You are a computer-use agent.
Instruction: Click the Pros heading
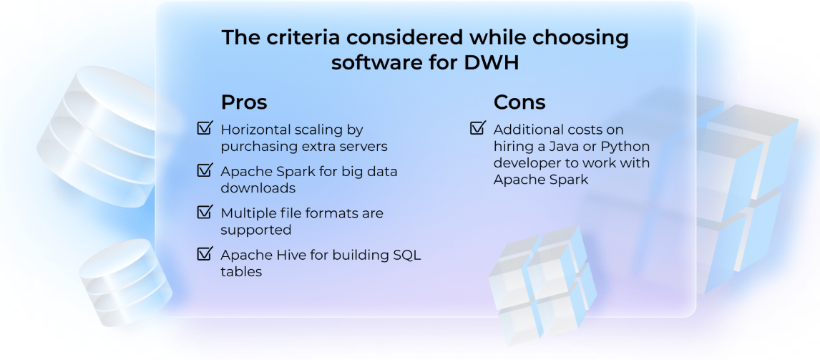pos(244,102)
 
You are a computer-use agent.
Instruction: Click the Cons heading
pos(519,102)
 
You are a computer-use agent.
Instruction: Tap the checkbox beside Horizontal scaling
pos(205,128)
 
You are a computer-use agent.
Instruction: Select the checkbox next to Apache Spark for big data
pos(205,170)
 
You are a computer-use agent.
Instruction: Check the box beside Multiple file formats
pos(205,212)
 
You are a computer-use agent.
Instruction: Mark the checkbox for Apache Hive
pos(205,254)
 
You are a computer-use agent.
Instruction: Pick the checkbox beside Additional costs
pos(478,128)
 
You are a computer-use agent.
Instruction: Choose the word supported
pos(256,230)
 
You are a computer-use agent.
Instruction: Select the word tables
pos(241,271)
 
